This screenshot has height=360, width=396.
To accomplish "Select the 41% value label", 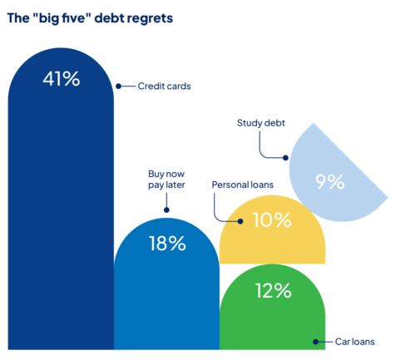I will [61, 80].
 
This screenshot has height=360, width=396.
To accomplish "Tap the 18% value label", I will [167, 244].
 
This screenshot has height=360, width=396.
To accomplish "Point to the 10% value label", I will [272, 220].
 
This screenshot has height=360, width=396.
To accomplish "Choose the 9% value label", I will [329, 182].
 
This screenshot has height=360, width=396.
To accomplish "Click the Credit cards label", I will [164, 86].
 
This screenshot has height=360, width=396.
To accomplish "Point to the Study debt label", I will [260, 122].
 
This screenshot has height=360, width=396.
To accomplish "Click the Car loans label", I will [354, 342].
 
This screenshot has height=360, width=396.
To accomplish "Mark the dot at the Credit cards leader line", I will [118, 86].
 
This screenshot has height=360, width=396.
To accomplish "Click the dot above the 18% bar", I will [166, 210].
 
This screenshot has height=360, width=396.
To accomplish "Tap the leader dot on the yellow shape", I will [240, 221].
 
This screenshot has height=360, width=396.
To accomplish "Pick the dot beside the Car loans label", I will [314, 342].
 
